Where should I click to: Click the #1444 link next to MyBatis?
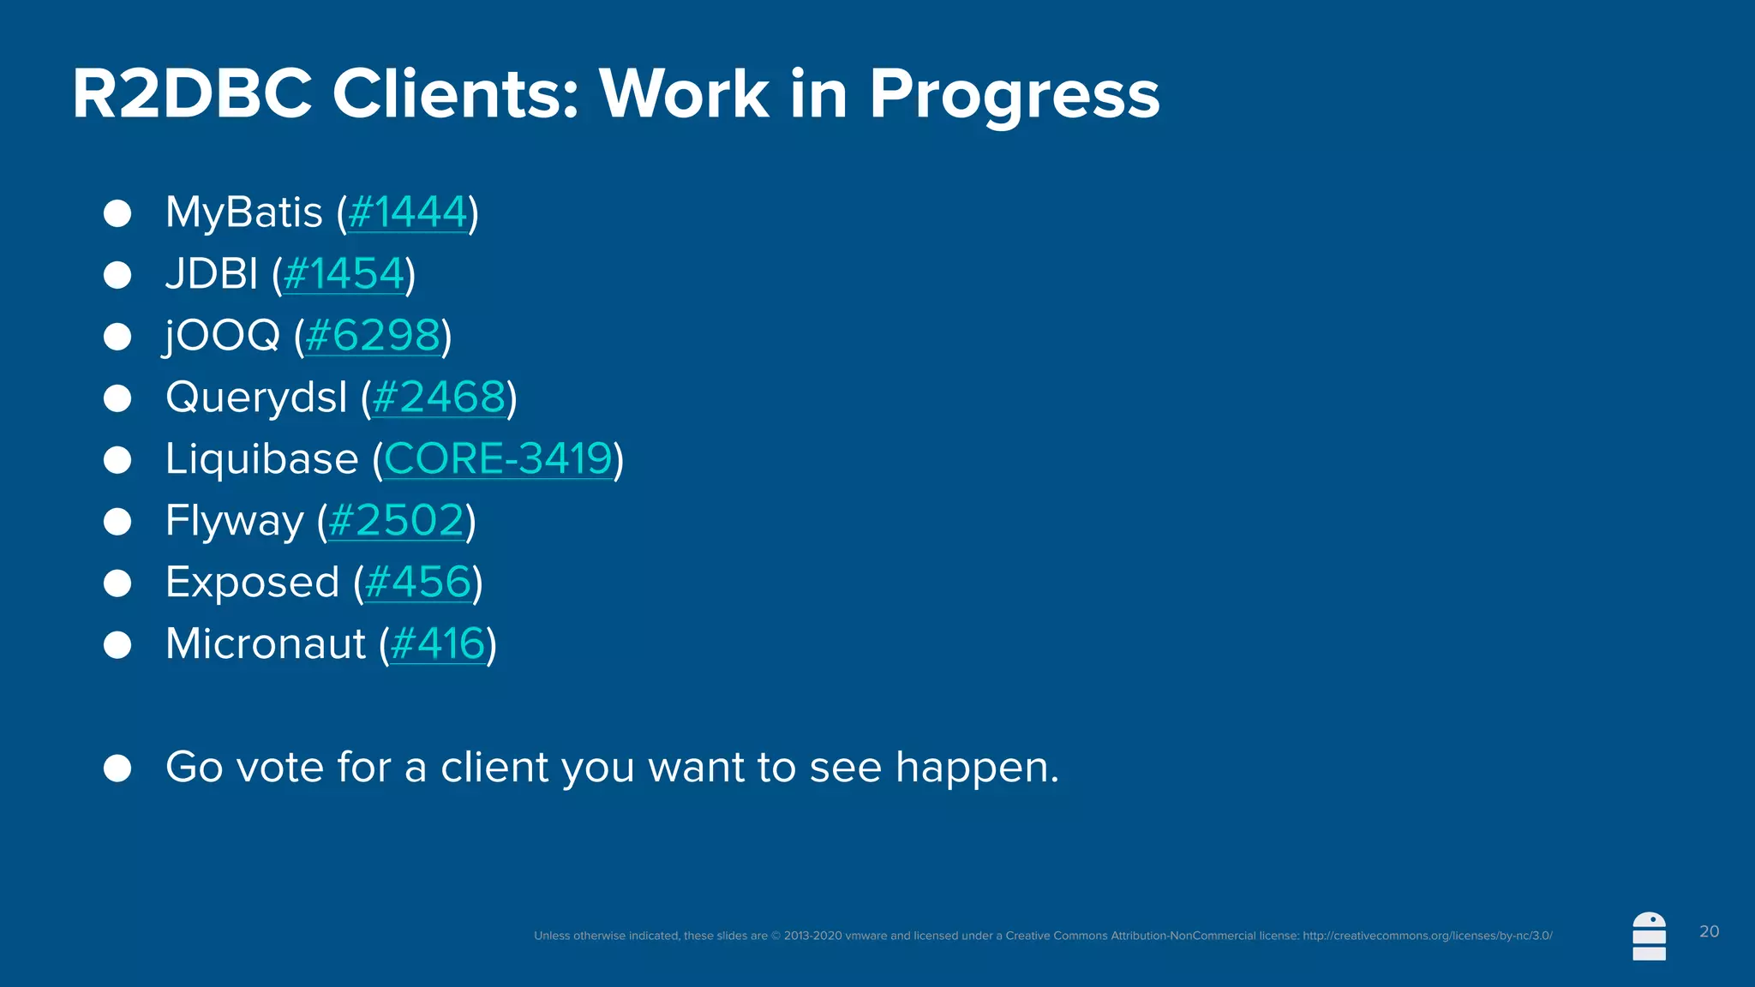408,212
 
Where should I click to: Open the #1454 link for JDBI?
344,274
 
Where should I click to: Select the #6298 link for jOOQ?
373,335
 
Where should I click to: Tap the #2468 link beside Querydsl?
439,398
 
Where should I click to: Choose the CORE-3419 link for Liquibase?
498,458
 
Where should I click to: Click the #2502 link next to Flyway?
396,521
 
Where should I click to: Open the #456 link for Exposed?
418,583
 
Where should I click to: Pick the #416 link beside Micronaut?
438,644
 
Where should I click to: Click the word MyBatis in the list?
244,212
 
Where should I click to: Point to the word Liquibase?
261,458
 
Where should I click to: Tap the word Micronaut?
266,644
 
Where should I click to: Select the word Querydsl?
256,398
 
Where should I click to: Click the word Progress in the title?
1014,94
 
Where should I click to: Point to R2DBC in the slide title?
192,94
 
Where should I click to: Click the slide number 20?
1709,931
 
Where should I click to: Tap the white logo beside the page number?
1649,936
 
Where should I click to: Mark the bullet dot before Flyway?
117,522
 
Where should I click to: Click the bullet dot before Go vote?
117,768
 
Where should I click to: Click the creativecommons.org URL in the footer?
1427,936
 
